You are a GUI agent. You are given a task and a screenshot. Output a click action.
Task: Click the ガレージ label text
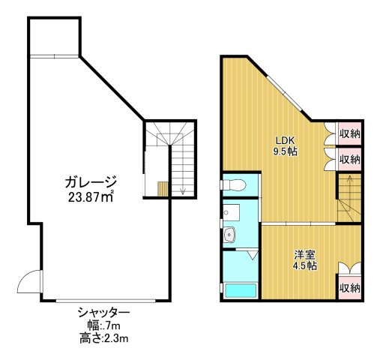tap(91, 181)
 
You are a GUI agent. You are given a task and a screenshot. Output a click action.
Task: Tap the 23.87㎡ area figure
tap(91, 197)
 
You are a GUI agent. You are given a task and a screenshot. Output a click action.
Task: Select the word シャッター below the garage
tap(103, 313)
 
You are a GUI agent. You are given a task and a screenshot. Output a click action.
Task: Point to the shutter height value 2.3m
tap(115, 338)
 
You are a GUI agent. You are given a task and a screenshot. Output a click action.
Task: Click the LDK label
tap(285, 140)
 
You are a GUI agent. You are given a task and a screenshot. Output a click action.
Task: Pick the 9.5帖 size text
tap(286, 151)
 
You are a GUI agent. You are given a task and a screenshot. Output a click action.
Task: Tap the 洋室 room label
tap(304, 254)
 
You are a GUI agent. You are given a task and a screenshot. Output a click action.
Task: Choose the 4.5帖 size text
tap(304, 265)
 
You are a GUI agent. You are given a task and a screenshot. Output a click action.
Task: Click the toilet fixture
tap(233, 184)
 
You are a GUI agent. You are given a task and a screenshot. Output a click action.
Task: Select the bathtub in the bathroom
tap(241, 290)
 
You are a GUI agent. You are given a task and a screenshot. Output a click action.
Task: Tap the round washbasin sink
tap(229, 235)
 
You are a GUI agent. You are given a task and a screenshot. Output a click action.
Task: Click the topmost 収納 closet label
tap(350, 134)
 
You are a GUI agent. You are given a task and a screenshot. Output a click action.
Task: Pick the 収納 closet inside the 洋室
tap(350, 288)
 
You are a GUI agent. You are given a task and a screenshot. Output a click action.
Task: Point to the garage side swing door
tap(29, 281)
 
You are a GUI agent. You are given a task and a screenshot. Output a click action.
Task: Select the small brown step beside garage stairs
tap(163, 189)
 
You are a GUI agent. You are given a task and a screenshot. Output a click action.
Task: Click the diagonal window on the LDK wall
tap(284, 93)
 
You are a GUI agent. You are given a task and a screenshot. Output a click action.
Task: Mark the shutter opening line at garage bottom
tap(106, 301)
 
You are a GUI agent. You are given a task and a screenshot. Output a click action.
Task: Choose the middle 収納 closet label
tap(350, 159)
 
